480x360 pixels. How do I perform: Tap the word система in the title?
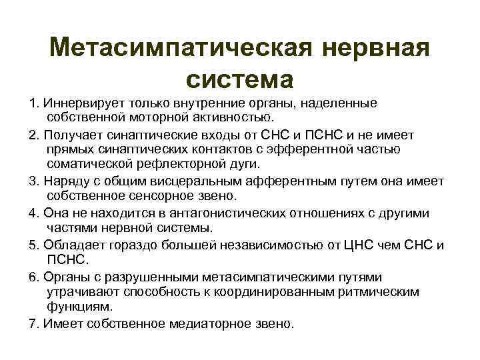tap(240, 79)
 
